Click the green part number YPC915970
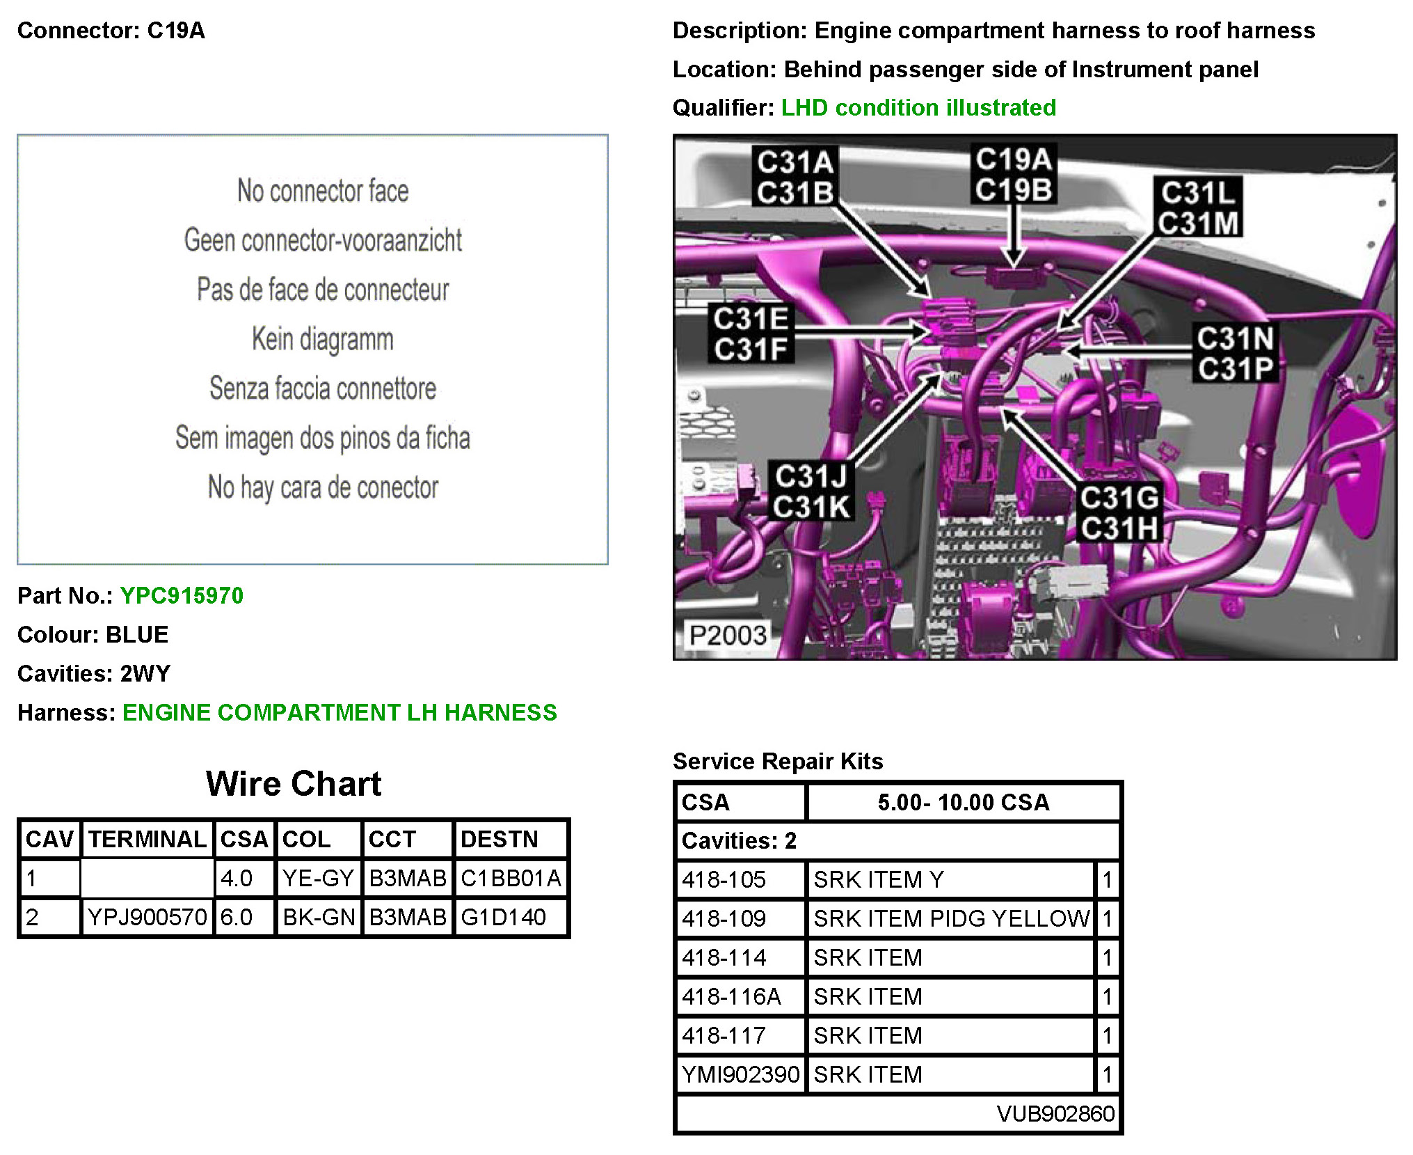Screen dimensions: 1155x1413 pyautogui.click(x=182, y=595)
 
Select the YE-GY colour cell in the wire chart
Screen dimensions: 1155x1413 pyautogui.click(x=318, y=878)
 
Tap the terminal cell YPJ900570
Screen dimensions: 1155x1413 pyautogui.click(x=147, y=917)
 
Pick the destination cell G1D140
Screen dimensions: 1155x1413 pyautogui.click(x=503, y=917)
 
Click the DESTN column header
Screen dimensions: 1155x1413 pyautogui.click(x=499, y=839)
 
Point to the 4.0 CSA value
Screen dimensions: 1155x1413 pyautogui.click(x=237, y=878)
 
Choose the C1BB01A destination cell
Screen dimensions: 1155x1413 pyautogui.click(x=511, y=878)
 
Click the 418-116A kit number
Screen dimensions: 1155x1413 pyautogui.click(x=731, y=996)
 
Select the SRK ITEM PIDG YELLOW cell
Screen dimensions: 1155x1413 pyautogui.click(x=951, y=918)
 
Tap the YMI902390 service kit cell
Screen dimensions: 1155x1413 pyautogui.click(x=740, y=1074)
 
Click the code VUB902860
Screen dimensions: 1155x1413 pyautogui.click(x=1055, y=1113)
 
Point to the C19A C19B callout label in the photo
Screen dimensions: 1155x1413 pyautogui.click(x=1013, y=174)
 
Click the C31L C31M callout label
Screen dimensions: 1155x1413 pyautogui.click(x=1198, y=207)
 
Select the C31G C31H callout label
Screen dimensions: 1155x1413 pyautogui.click(x=1119, y=513)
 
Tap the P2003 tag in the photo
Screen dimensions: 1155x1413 pyautogui.click(x=727, y=635)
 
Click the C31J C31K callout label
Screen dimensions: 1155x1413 pyautogui.click(x=811, y=492)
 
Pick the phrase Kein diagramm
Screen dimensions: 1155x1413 pyautogui.click(x=323, y=339)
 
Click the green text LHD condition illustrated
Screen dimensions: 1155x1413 pyautogui.click(x=918, y=107)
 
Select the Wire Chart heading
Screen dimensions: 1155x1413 pyautogui.click(x=294, y=783)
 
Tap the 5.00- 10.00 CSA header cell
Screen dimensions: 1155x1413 pyautogui.click(x=963, y=802)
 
